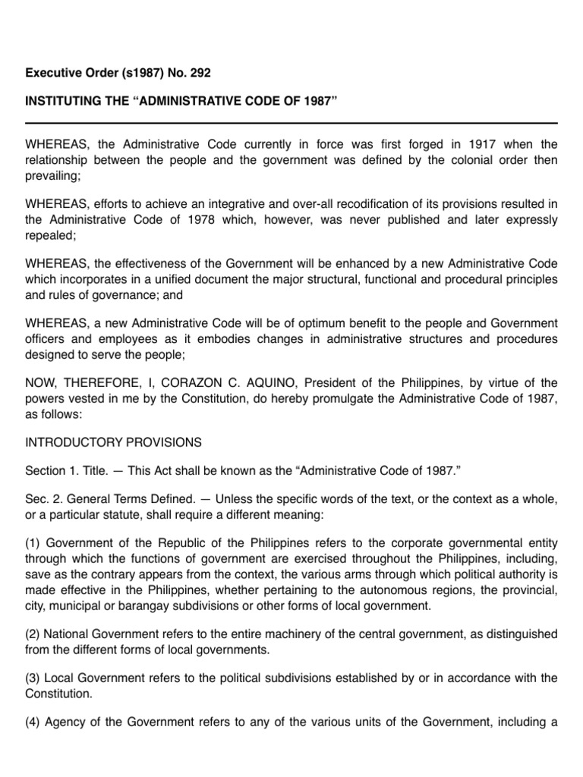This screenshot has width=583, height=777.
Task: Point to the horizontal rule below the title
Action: [291, 123]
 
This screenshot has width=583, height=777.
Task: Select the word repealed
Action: [49, 235]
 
